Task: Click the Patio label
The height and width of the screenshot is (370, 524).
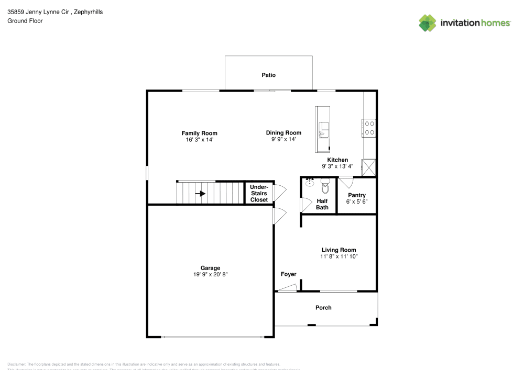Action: pyautogui.click(x=268, y=75)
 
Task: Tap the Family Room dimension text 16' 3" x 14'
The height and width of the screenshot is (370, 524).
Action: pyautogui.click(x=199, y=140)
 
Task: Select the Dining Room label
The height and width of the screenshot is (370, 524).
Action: pyautogui.click(x=283, y=133)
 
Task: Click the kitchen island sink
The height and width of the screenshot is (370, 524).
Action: pyautogui.click(x=323, y=128)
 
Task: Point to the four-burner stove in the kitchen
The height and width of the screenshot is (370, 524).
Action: pyautogui.click(x=369, y=128)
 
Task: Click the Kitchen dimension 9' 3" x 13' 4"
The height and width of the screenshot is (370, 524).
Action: pyautogui.click(x=337, y=166)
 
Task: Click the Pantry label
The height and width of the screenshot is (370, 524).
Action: pyautogui.click(x=356, y=195)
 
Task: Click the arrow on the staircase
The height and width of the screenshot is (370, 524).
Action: pyautogui.click(x=200, y=193)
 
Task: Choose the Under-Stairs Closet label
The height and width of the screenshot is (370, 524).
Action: pyautogui.click(x=259, y=193)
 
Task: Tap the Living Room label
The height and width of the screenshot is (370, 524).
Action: pyautogui.click(x=339, y=250)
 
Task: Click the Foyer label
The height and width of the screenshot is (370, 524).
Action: pyautogui.click(x=288, y=274)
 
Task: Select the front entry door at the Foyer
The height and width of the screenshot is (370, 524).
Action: pyautogui.click(x=287, y=287)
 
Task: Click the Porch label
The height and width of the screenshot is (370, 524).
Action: pyautogui.click(x=323, y=308)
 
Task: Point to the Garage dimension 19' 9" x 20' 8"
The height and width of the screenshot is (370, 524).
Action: pyautogui.click(x=210, y=274)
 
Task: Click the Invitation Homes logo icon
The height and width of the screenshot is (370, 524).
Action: pyautogui.click(x=427, y=23)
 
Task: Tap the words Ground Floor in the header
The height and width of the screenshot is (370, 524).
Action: pyautogui.click(x=25, y=21)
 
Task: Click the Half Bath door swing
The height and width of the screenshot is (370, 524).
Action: pyautogui.click(x=304, y=205)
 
